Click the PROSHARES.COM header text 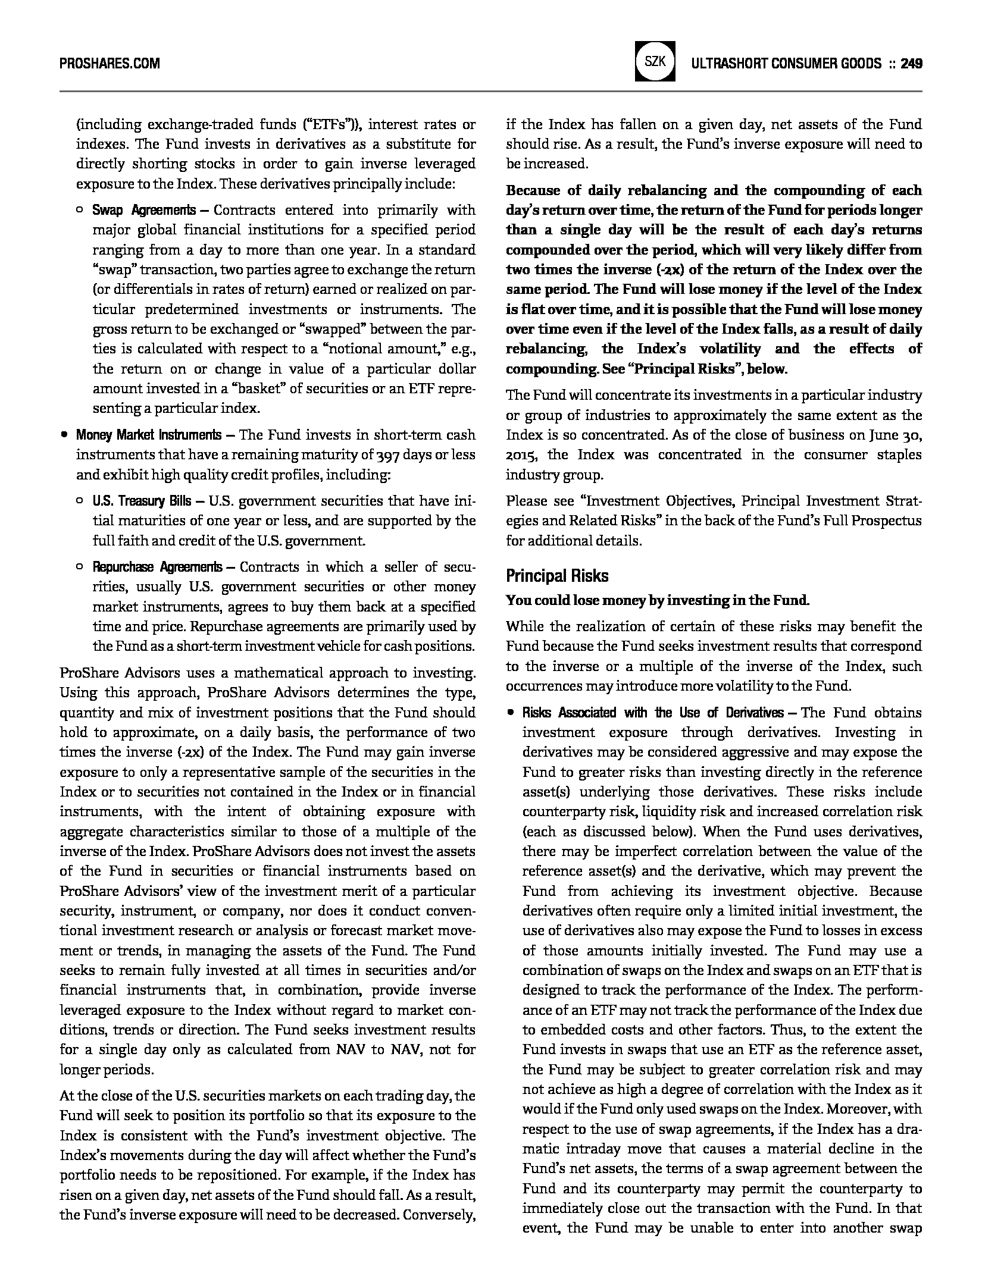coord(110,63)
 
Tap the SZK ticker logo coord(655,61)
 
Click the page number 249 coord(911,63)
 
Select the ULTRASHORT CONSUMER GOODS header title coord(786,63)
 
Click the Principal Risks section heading coord(557,576)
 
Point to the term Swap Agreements coord(143,210)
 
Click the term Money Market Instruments coord(148,435)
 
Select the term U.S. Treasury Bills coord(142,501)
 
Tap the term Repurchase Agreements coord(157,567)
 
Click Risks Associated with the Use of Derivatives coord(652,713)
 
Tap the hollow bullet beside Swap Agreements coord(80,210)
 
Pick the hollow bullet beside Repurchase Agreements coord(80,567)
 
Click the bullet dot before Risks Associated coord(510,713)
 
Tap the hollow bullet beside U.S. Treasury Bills coord(80,501)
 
